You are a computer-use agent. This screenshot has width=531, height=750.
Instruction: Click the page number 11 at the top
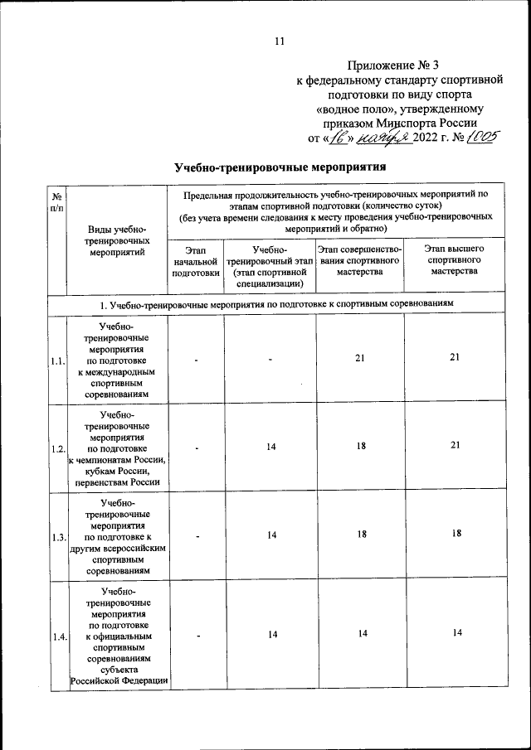279,42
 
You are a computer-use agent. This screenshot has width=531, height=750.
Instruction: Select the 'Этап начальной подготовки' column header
196,260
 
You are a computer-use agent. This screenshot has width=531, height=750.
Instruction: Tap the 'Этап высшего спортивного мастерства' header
454,259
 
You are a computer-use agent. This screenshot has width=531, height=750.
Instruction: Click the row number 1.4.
58,636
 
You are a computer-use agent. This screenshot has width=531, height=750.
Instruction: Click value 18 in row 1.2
361,446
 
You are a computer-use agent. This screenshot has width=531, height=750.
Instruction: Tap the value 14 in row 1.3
270,535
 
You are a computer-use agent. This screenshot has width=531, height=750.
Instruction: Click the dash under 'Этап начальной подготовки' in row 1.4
196,636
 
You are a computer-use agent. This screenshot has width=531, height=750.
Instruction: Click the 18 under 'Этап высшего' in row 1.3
455,535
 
